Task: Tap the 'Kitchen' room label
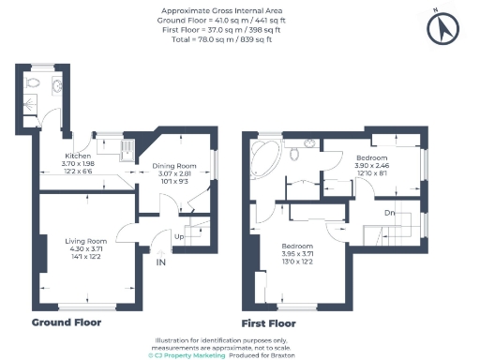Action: click(x=76, y=156)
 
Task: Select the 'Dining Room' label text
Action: click(x=172, y=166)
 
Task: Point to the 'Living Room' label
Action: click(x=84, y=242)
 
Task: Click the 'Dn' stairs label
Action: click(x=388, y=214)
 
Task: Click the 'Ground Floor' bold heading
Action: click(x=67, y=322)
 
